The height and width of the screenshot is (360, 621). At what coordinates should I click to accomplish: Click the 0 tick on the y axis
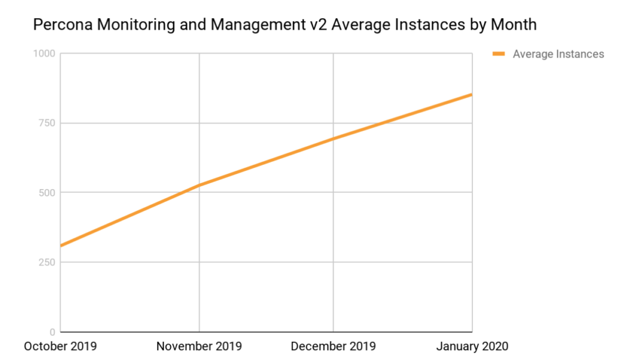[x=53, y=332]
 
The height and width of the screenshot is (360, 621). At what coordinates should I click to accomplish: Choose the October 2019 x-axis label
[x=60, y=347]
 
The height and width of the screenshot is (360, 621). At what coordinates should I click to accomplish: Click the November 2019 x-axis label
[x=199, y=347]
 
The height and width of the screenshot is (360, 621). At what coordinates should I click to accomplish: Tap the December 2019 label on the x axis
[x=334, y=347]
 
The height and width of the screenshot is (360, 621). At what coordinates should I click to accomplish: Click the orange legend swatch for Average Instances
[x=498, y=54]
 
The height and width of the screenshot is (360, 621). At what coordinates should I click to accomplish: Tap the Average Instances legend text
[x=558, y=54]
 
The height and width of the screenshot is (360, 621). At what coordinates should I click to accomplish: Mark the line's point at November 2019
[x=199, y=185]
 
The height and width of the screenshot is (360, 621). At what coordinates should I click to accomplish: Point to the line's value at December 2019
[x=334, y=139]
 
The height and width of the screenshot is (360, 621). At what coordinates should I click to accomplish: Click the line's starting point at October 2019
[x=62, y=245]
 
